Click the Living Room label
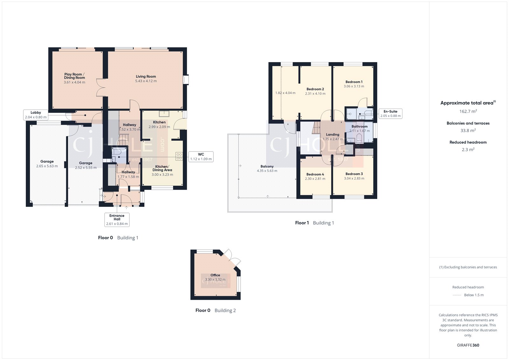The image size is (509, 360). coord(146,76)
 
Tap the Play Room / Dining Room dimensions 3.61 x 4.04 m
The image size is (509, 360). coord(74,82)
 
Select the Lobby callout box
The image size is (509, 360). coord(36,115)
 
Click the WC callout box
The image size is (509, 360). coord(201,157)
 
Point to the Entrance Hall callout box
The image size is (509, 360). coord(117,220)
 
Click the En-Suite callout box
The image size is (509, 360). coord(390,114)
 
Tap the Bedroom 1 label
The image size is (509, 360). coord(354,82)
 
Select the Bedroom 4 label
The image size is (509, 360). coord(315,174)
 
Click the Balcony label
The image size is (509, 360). coord(267,166)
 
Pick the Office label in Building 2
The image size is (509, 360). coord(215,275)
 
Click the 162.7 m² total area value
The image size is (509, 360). coord(468,111)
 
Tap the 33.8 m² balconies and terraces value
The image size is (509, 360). coord(468,131)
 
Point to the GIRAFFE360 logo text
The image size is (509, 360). coord(468,345)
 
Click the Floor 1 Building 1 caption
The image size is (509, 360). coord(314,223)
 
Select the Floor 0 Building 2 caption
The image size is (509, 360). coord(215,310)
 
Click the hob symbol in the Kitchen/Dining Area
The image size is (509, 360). coord(179,156)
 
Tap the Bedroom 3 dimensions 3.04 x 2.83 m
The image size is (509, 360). coord(354,179)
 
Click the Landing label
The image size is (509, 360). coord(332,135)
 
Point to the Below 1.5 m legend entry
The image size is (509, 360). coord(474,295)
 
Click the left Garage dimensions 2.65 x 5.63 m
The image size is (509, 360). coord(47,166)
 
